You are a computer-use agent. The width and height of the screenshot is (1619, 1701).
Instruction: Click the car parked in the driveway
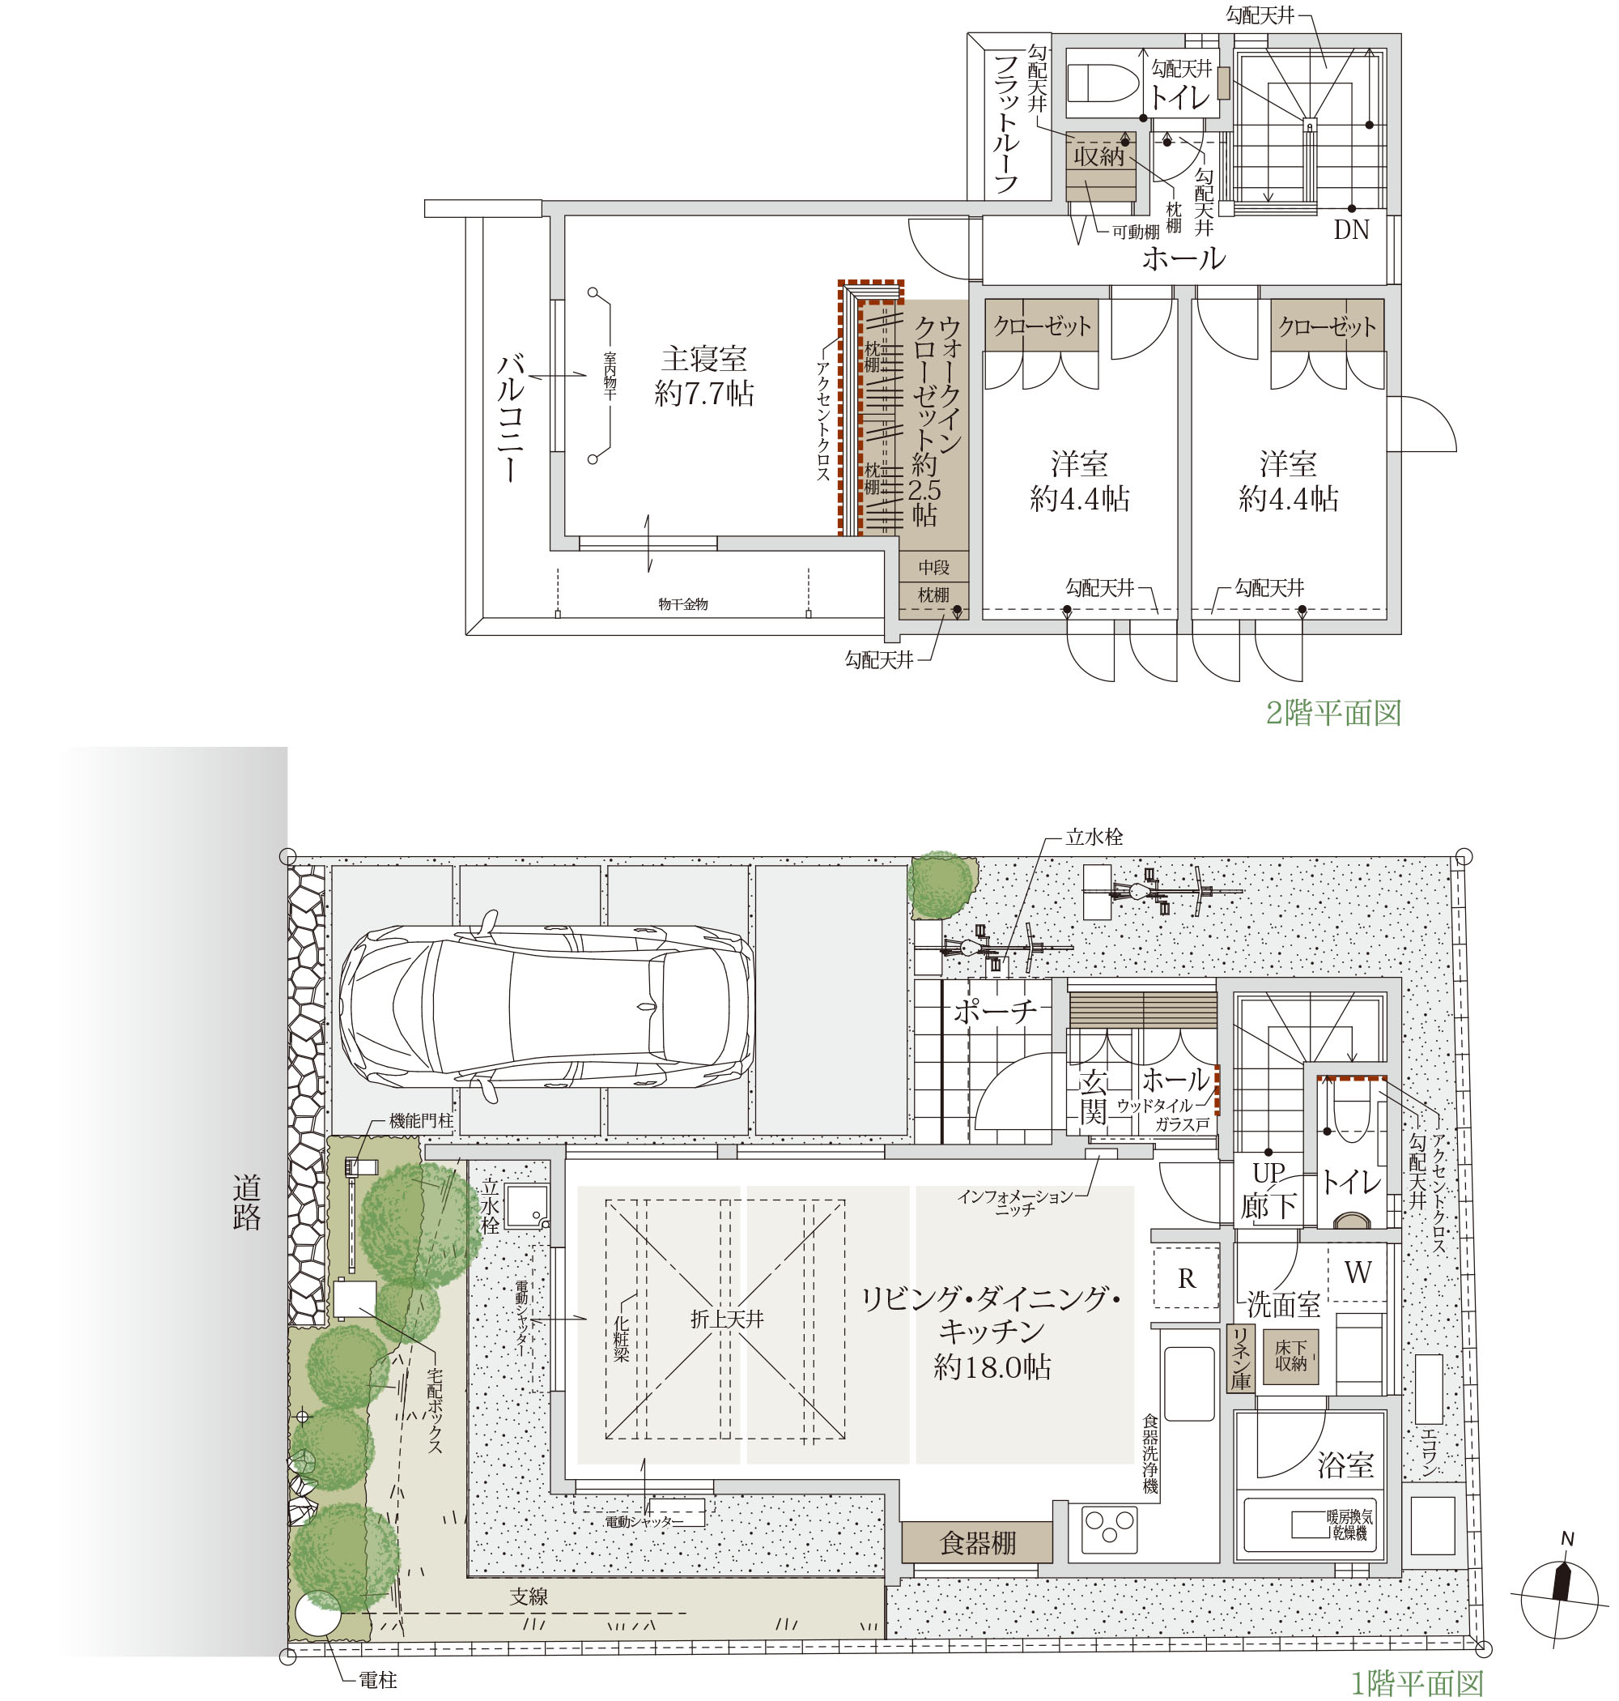pyautogui.click(x=546, y=1006)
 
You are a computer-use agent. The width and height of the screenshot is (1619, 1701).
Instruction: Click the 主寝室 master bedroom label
pyautogui.click(x=703, y=359)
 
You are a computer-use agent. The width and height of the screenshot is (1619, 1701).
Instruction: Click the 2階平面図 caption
pyautogui.click(x=1333, y=714)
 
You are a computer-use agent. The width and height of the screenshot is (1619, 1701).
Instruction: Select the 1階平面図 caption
pyautogui.click(x=1417, y=1683)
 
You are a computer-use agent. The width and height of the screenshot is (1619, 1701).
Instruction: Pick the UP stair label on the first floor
pyautogui.click(x=1268, y=1174)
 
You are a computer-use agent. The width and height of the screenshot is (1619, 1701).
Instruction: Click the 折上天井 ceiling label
pyautogui.click(x=727, y=1319)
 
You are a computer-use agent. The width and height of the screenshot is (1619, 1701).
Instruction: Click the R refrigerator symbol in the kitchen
pyautogui.click(x=1187, y=1279)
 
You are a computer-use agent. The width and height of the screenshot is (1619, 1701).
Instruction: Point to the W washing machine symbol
pyautogui.click(x=1358, y=1272)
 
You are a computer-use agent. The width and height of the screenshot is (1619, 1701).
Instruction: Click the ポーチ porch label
pyautogui.click(x=994, y=1011)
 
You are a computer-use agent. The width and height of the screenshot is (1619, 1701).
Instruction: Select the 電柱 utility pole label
pyautogui.click(x=378, y=1679)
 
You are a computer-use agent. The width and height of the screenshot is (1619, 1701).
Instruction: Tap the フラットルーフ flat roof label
pyautogui.click(x=1006, y=122)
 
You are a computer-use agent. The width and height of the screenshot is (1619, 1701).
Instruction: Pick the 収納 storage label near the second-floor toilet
pyautogui.click(x=1099, y=156)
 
